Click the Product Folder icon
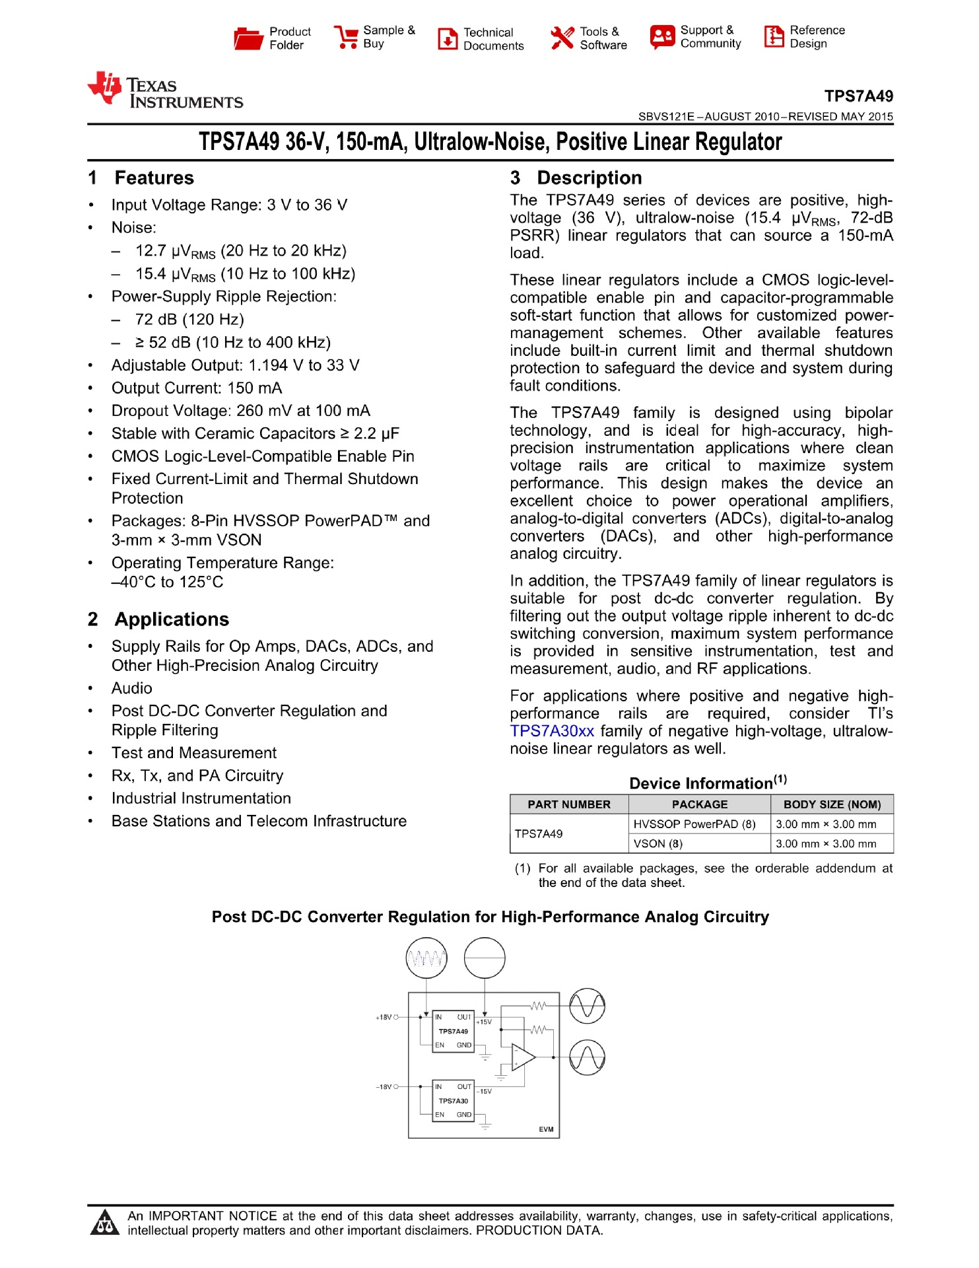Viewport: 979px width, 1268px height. coord(248,38)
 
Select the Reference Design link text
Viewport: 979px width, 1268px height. coord(817,37)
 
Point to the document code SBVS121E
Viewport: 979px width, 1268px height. coord(666,117)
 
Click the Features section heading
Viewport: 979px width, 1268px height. coord(154,178)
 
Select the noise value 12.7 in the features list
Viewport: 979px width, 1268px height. coord(151,251)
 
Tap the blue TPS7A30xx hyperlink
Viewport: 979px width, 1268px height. coord(552,731)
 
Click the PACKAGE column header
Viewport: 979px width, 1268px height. coord(699,804)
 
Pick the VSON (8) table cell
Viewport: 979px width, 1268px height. coord(658,843)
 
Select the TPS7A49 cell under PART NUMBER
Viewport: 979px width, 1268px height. coord(539,833)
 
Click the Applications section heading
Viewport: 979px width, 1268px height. coord(172,619)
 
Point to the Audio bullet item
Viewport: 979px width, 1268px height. coord(132,688)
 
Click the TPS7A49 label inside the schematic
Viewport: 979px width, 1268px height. coord(453,1031)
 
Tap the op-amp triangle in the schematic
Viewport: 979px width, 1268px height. coord(522,1057)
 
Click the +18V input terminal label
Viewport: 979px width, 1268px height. coord(384,1017)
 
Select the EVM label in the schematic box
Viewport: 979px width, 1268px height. coord(546,1129)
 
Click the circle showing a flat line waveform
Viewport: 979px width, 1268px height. coord(485,958)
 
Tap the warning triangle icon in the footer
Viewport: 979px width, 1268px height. coord(104,1222)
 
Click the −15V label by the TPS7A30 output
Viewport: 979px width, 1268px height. coord(485,1091)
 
